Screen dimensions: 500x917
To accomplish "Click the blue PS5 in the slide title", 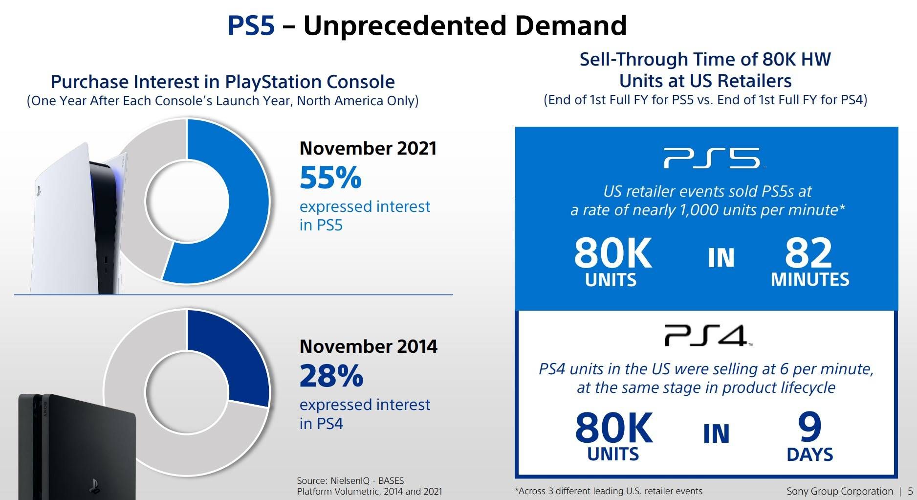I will [251, 25].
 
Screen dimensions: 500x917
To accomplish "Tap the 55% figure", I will [330, 178].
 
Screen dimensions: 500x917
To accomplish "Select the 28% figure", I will [331, 376].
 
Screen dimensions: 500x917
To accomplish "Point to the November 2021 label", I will [368, 148].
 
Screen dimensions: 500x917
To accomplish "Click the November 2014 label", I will [368, 346].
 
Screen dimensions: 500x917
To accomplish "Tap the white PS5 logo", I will [712, 158].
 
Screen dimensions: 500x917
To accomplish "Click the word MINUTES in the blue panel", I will [810, 279].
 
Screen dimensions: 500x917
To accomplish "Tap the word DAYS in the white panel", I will [809, 455].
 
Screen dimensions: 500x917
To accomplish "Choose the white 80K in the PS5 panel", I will [613, 253].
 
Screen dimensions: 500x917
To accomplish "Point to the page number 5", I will [910, 491].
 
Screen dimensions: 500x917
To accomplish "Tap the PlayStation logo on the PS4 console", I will [94, 485].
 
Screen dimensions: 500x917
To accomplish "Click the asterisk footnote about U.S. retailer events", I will [609, 491].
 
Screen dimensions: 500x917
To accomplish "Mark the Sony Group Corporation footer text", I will [839, 491].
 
